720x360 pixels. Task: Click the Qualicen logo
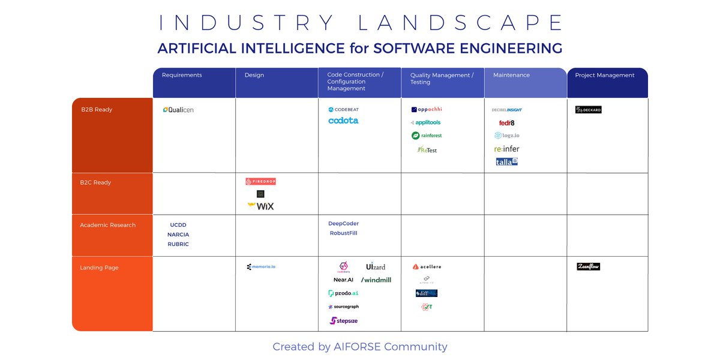[x=178, y=110]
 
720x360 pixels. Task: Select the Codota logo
[x=343, y=121]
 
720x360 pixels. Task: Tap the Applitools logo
[x=426, y=122]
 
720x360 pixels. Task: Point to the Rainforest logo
[x=427, y=136]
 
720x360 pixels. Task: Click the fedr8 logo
[x=506, y=123]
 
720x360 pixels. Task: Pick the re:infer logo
[x=506, y=149]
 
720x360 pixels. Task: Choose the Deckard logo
[x=588, y=110]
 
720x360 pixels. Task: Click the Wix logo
[x=260, y=206]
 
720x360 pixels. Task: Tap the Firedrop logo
[x=260, y=181]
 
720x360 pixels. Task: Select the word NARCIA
[x=178, y=235]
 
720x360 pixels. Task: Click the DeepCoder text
[x=343, y=224]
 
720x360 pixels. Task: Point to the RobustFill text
[x=343, y=233]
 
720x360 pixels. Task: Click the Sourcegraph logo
[x=343, y=307]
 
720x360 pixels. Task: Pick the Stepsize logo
[x=343, y=321]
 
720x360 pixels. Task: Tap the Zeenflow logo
[x=588, y=266]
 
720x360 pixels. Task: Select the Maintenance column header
[x=511, y=75]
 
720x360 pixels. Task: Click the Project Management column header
[x=604, y=75]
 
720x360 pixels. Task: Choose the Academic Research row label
[x=108, y=225]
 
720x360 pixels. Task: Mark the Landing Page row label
[x=99, y=268]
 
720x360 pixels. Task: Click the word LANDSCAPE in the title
[x=461, y=23]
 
